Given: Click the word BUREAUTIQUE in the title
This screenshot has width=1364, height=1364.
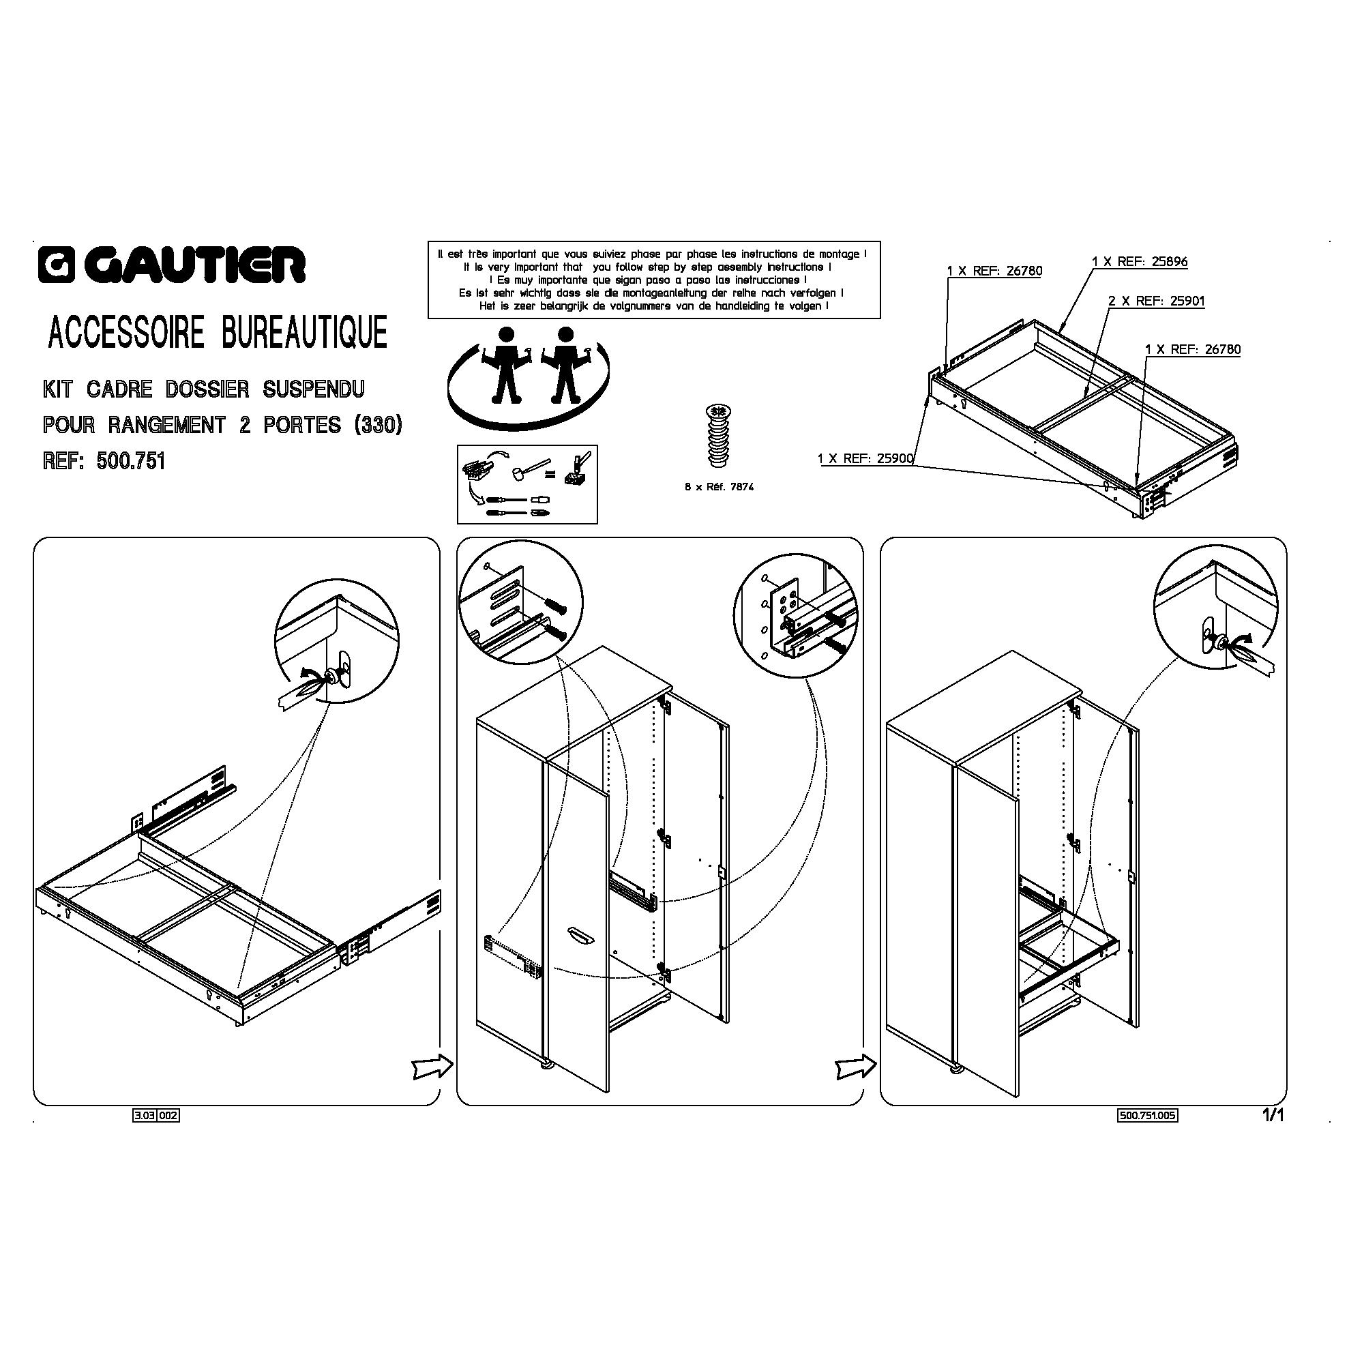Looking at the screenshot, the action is (x=304, y=332).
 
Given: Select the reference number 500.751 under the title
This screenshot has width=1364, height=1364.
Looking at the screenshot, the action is (x=131, y=461).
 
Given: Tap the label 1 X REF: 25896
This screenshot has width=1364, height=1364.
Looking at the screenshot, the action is (x=1140, y=262).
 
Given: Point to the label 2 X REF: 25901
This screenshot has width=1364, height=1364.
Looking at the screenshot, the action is (x=1157, y=301).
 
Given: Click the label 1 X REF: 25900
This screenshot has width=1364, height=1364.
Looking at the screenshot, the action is (x=865, y=459).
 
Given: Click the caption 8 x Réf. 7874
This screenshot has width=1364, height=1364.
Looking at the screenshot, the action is (x=720, y=486).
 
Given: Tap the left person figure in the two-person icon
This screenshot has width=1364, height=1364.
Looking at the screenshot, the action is (x=505, y=364).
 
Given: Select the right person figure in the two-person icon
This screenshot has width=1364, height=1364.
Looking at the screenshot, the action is (x=565, y=364).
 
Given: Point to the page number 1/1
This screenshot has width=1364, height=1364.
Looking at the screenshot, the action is (x=1272, y=1116).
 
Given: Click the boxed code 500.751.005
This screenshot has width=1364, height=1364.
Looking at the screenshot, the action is (x=1148, y=1116).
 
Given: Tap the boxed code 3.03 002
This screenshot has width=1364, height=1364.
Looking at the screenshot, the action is (x=156, y=1116).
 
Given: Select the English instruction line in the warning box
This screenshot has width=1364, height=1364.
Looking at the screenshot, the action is (x=647, y=267).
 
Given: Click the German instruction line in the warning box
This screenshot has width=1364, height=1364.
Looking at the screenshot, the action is (x=650, y=293).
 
